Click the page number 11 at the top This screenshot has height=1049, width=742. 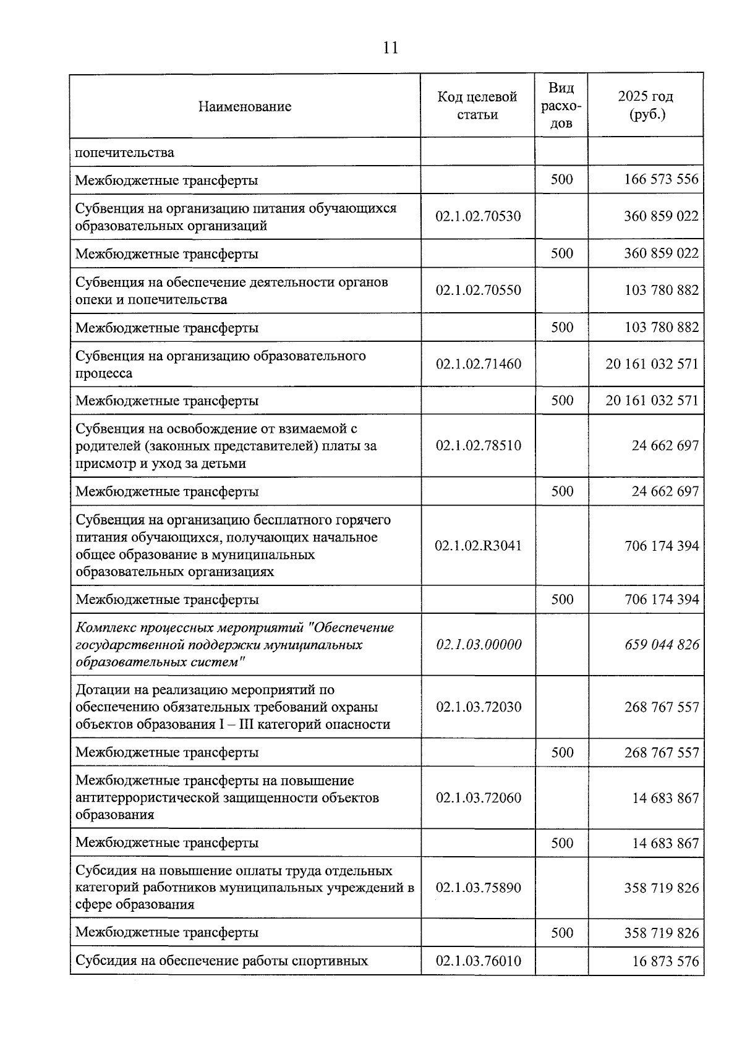[390, 48]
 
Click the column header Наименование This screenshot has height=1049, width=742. [245, 106]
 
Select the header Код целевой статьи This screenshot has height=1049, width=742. [477, 106]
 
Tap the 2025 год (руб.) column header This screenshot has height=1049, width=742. [646, 106]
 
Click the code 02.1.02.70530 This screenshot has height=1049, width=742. [478, 216]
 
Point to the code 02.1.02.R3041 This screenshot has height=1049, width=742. [478, 546]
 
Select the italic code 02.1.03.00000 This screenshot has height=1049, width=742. [479, 645]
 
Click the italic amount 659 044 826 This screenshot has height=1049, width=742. [662, 645]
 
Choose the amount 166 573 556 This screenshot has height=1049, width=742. [661, 179]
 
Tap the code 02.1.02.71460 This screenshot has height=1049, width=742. [478, 364]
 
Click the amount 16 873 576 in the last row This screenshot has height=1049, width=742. [665, 961]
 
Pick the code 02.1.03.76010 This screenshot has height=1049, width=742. [478, 961]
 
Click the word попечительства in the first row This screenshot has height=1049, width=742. [125, 152]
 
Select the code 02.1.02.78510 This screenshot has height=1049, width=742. [478, 446]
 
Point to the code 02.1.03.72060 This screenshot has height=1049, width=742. [478, 798]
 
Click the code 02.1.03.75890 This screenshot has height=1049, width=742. [478, 888]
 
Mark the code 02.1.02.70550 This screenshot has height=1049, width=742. [478, 291]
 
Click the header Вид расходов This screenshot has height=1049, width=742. [561, 106]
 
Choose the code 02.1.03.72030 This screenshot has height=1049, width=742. [478, 707]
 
